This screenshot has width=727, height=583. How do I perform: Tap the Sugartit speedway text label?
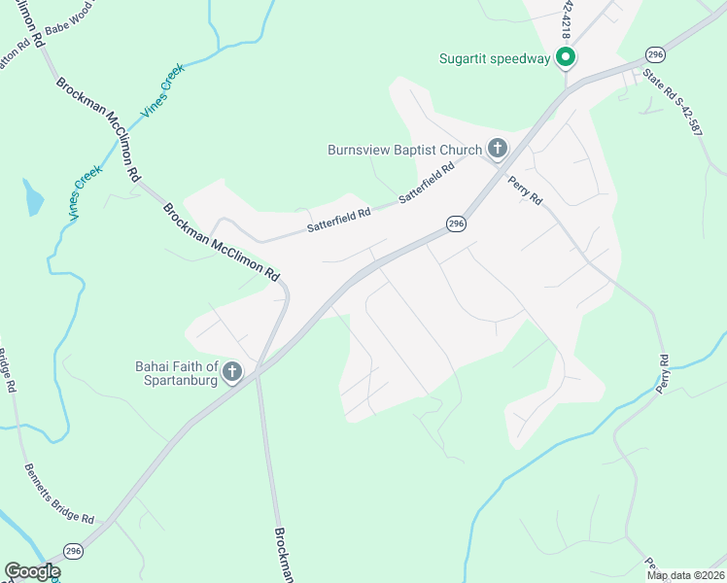tap(495, 58)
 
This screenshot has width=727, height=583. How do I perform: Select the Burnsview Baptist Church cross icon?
tap(497, 149)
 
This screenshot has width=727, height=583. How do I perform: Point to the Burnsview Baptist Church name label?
tap(404, 150)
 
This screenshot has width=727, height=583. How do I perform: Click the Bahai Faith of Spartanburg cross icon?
tap(231, 371)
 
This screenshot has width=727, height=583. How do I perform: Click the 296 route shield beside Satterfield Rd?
tap(456, 224)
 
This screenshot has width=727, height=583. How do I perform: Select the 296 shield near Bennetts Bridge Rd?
tap(74, 551)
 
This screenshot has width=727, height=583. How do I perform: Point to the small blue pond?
tap(34, 198)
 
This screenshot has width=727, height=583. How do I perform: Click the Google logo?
tap(31, 571)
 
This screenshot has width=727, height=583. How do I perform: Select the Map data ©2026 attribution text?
tap(685, 575)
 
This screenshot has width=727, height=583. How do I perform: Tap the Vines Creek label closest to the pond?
tap(87, 191)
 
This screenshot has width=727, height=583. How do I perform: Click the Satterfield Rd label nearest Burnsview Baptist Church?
tap(427, 185)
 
